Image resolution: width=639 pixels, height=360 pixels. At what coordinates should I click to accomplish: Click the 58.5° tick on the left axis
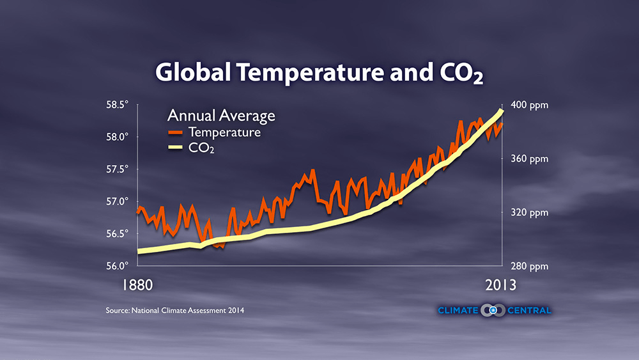point(118,104)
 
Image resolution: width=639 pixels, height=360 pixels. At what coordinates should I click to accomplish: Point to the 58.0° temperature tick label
point(118,137)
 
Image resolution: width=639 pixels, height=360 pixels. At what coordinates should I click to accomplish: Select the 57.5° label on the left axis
point(118,169)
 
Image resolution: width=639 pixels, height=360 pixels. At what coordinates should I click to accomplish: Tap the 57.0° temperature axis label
point(118,201)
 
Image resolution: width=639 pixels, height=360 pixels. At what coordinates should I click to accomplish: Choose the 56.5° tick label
point(118,233)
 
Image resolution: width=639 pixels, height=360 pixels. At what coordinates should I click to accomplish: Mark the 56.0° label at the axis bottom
point(118,265)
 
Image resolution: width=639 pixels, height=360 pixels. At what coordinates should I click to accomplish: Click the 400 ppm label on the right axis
point(530,105)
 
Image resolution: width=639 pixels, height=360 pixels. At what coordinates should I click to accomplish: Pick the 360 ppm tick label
point(530,159)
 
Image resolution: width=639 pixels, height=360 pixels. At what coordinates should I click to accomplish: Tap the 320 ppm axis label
point(530,212)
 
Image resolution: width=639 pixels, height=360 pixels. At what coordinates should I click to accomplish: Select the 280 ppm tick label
point(530,266)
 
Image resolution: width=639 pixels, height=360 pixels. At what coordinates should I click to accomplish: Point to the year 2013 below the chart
point(498,285)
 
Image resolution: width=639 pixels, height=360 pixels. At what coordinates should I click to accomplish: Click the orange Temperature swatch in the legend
point(176,133)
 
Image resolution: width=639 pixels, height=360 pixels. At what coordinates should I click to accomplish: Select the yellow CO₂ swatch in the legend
point(176,150)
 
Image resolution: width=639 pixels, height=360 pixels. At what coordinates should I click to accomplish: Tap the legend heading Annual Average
point(221,116)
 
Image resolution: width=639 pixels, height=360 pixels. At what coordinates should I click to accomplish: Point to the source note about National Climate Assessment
point(175,311)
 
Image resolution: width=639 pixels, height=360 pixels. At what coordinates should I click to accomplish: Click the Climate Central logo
point(494,311)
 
